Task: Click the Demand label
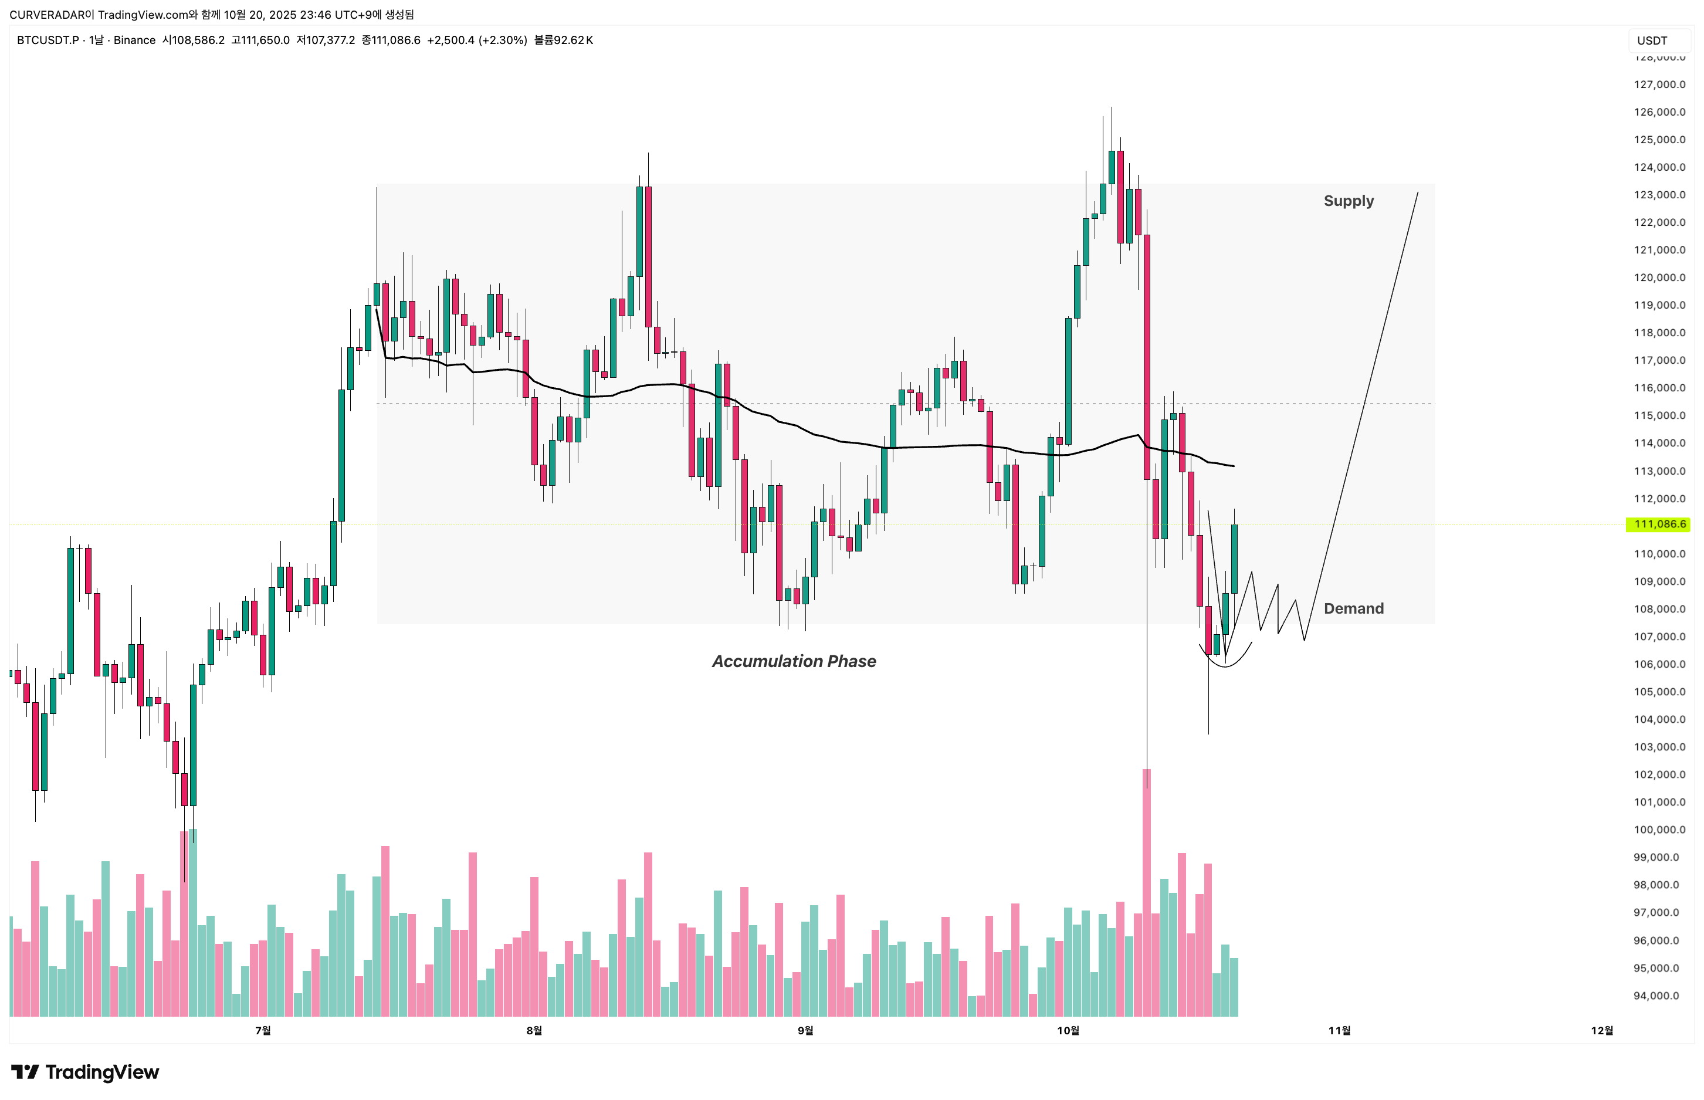(1353, 608)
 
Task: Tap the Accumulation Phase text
(794, 661)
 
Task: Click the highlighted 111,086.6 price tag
(1659, 524)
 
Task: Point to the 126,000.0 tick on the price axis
(1659, 112)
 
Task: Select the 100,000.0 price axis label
(1659, 830)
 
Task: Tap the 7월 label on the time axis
(263, 1030)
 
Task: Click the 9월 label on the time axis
(805, 1030)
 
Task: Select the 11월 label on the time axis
(1339, 1030)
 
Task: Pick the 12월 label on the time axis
(1602, 1030)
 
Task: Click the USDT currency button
(1652, 40)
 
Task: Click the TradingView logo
(85, 1072)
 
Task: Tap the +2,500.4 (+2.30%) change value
(476, 40)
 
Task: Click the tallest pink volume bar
(1146, 893)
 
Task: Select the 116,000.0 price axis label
(1659, 388)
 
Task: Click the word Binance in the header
(134, 40)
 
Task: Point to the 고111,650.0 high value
(260, 40)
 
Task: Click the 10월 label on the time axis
(1068, 1030)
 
